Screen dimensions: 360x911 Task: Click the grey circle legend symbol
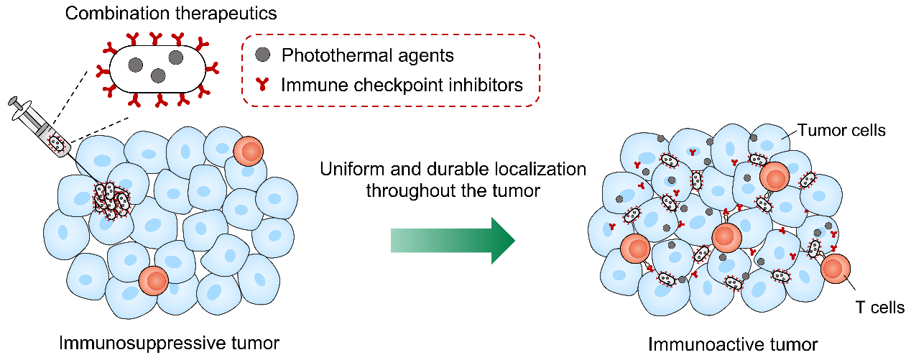(x=263, y=55)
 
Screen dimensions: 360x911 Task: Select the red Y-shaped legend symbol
(x=263, y=86)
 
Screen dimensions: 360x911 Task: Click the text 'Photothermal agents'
(x=368, y=55)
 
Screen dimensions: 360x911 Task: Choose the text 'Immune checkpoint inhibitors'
(x=402, y=86)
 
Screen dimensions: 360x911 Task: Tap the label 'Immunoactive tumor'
(x=733, y=343)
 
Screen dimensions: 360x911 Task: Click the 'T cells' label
(x=879, y=308)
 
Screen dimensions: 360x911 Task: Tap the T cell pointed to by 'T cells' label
(x=834, y=269)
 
